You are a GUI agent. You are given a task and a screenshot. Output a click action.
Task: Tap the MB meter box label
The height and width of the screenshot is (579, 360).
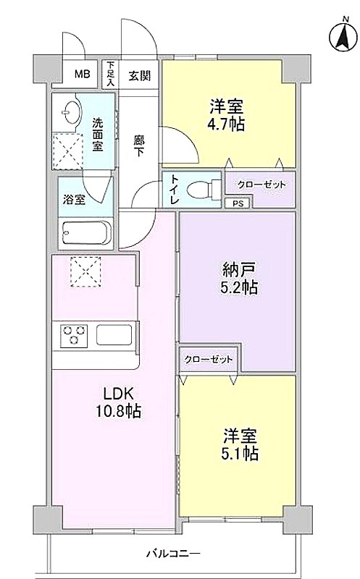[82, 75]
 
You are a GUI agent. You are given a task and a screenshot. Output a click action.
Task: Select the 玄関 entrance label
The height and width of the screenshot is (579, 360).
[140, 76]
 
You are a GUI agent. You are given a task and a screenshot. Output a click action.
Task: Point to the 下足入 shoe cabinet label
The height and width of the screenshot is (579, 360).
[110, 75]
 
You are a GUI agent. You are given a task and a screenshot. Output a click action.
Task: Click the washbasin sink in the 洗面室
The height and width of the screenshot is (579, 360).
[69, 111]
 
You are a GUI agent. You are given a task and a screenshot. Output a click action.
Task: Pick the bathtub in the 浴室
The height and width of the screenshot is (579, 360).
[86, 232]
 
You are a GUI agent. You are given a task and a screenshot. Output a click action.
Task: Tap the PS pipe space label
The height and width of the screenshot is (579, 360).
[238, 203]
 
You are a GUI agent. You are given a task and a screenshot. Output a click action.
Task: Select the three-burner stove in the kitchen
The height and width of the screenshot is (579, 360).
[75, 334]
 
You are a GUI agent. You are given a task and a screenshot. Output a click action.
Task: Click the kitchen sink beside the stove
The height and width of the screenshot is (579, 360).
[114, 334]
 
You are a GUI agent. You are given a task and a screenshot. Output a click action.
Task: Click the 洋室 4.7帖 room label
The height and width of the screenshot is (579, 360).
[227, 115]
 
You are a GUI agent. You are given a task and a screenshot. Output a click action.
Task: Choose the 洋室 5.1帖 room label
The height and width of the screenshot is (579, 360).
[240, 445]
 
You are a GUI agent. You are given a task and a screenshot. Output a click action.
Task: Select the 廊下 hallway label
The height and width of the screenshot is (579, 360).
[138, 146]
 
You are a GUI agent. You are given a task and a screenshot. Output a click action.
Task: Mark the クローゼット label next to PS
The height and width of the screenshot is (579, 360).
[261, 185]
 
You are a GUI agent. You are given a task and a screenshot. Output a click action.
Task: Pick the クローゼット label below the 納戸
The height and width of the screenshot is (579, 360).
[209, 359]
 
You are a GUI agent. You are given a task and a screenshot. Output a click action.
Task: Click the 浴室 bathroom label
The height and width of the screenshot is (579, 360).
[74, 200]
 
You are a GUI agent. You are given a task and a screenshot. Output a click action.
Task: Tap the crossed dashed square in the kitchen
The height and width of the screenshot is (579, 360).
[85, 271]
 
